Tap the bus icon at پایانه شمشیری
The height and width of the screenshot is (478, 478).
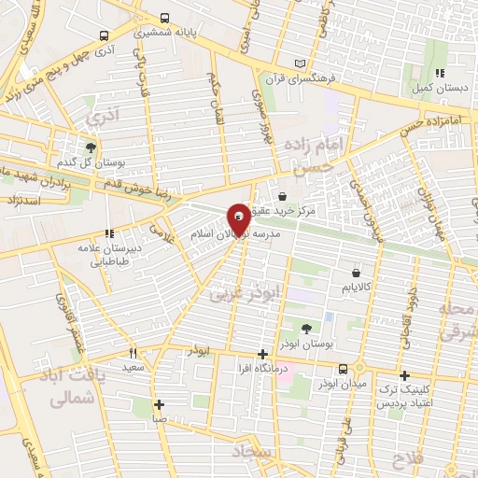(x=165, y=17)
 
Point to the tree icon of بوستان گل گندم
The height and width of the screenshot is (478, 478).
(x=91, y=147)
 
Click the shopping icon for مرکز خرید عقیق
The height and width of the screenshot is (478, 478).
(x=281, y=197)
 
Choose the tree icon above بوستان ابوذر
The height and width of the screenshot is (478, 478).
(x=307, y=328)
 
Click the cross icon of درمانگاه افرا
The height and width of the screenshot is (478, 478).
(x=263, y=354)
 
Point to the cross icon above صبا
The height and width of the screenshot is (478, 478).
(x=160, y=404)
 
